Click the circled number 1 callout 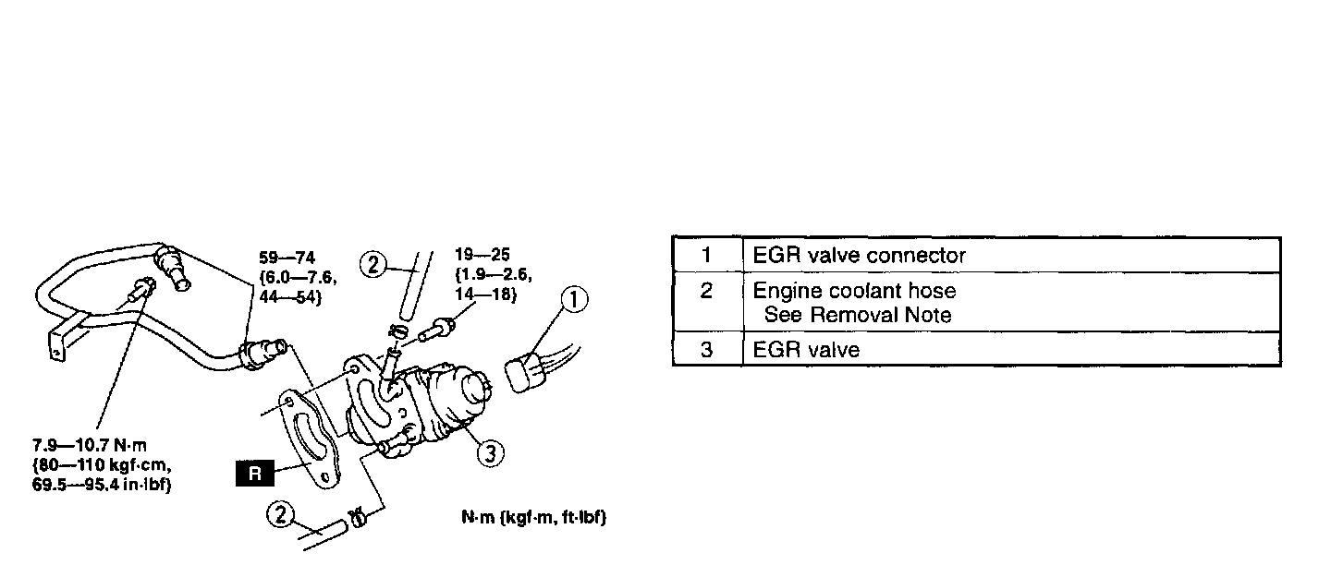573,299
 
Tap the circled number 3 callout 492,452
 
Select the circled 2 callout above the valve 373,265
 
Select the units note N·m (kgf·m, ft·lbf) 533,518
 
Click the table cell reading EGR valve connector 860,256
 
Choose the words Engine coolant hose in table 854,291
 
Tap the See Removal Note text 857,315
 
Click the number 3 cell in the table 706,350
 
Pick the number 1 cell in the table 706,256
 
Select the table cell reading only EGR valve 806,350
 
